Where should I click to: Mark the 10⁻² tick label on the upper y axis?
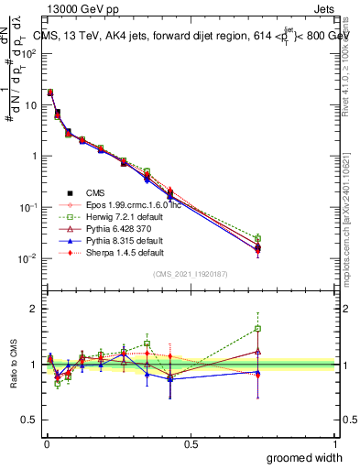tap(27, 258)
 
